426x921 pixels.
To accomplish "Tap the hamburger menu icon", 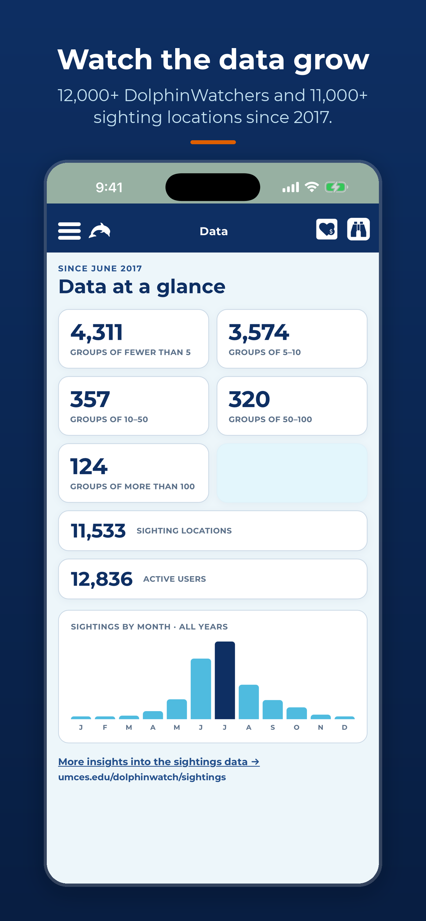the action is click(x=69, y=231).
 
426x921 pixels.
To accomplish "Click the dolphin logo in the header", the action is click(x=100, y=231).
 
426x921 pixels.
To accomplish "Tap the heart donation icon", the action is click(x=326, y=229).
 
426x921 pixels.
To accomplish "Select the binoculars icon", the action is click(x=358, y=229).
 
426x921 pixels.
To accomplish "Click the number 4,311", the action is click(x=97, y=332).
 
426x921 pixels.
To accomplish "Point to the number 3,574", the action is click(x=258, y=332).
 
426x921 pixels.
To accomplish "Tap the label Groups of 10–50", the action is click(x=109, y=419).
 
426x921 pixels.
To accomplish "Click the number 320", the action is click(x=249, y=399).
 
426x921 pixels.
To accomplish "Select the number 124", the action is click(x=89, y=466).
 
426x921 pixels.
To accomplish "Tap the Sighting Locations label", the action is click(x=184, y=530).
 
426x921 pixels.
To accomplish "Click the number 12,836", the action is click(x=102, y=579).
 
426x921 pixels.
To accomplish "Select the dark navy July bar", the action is click(x=225, y=680).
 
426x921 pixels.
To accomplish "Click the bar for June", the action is click(x=201, y=689).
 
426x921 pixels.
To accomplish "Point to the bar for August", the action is click(x=248, y=702).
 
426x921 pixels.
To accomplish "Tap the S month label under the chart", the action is click(x=273, y=727).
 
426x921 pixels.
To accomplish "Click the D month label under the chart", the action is click(x=344, y=727).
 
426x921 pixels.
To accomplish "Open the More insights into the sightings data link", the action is click(x=159, y=762).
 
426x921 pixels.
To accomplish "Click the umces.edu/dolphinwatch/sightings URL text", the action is click(x=142, y=777).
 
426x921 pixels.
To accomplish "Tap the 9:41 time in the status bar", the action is click(x=109, y=187).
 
